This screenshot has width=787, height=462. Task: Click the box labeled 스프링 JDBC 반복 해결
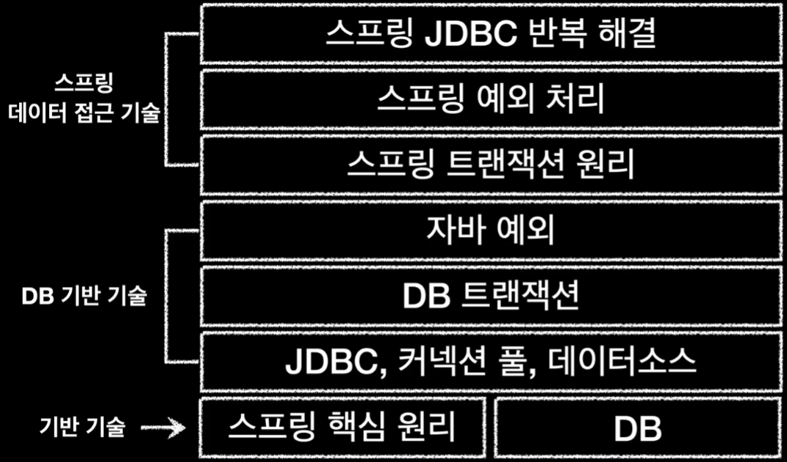click(490, 35)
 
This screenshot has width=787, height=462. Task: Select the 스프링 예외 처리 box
click(490, 99)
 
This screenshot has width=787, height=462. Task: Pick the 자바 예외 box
click(490, 231)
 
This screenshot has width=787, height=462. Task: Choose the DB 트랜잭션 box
click(490, 296)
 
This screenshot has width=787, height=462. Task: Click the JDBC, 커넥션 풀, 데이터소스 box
click(490, 361)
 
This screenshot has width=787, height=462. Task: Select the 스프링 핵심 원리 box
click(342, 427)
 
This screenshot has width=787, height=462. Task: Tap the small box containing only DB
click(637, 427)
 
